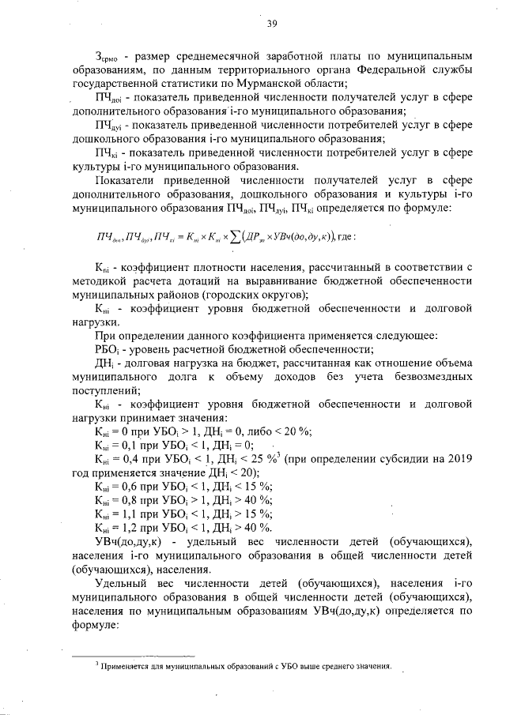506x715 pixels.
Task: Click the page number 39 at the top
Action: pos(271,24)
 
